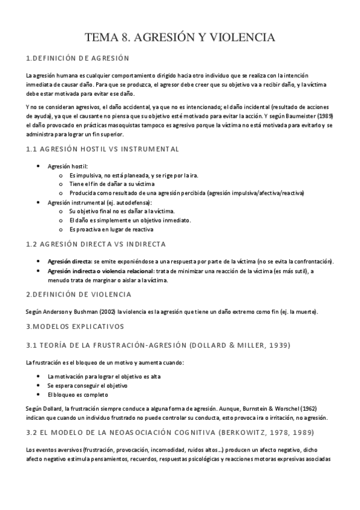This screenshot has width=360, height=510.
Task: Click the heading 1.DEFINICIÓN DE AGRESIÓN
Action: pos(78,58)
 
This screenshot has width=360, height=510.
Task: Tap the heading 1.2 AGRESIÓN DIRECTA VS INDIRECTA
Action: pos(96,244)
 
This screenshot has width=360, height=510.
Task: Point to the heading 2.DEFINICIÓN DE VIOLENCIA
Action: pos(79,294)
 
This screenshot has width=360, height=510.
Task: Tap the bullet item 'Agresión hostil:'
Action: pos(68,165)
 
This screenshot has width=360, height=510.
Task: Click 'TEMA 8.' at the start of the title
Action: pos(107,38)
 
